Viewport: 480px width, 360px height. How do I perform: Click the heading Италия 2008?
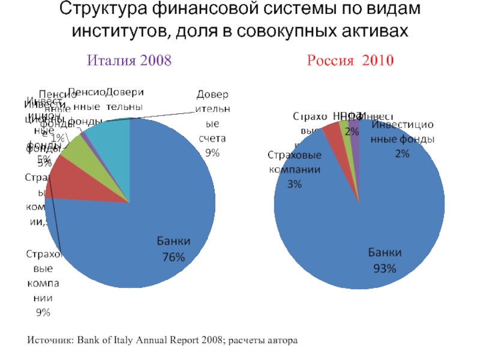click(x=130, y=60)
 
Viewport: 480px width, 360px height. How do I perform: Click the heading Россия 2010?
click(x=350, y=60)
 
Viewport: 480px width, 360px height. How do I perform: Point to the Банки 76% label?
click(x=173, y=248)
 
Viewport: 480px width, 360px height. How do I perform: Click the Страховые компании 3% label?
click(x=294, y=169)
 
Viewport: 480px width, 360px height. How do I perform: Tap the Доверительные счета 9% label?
click(x=212, y=124)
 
